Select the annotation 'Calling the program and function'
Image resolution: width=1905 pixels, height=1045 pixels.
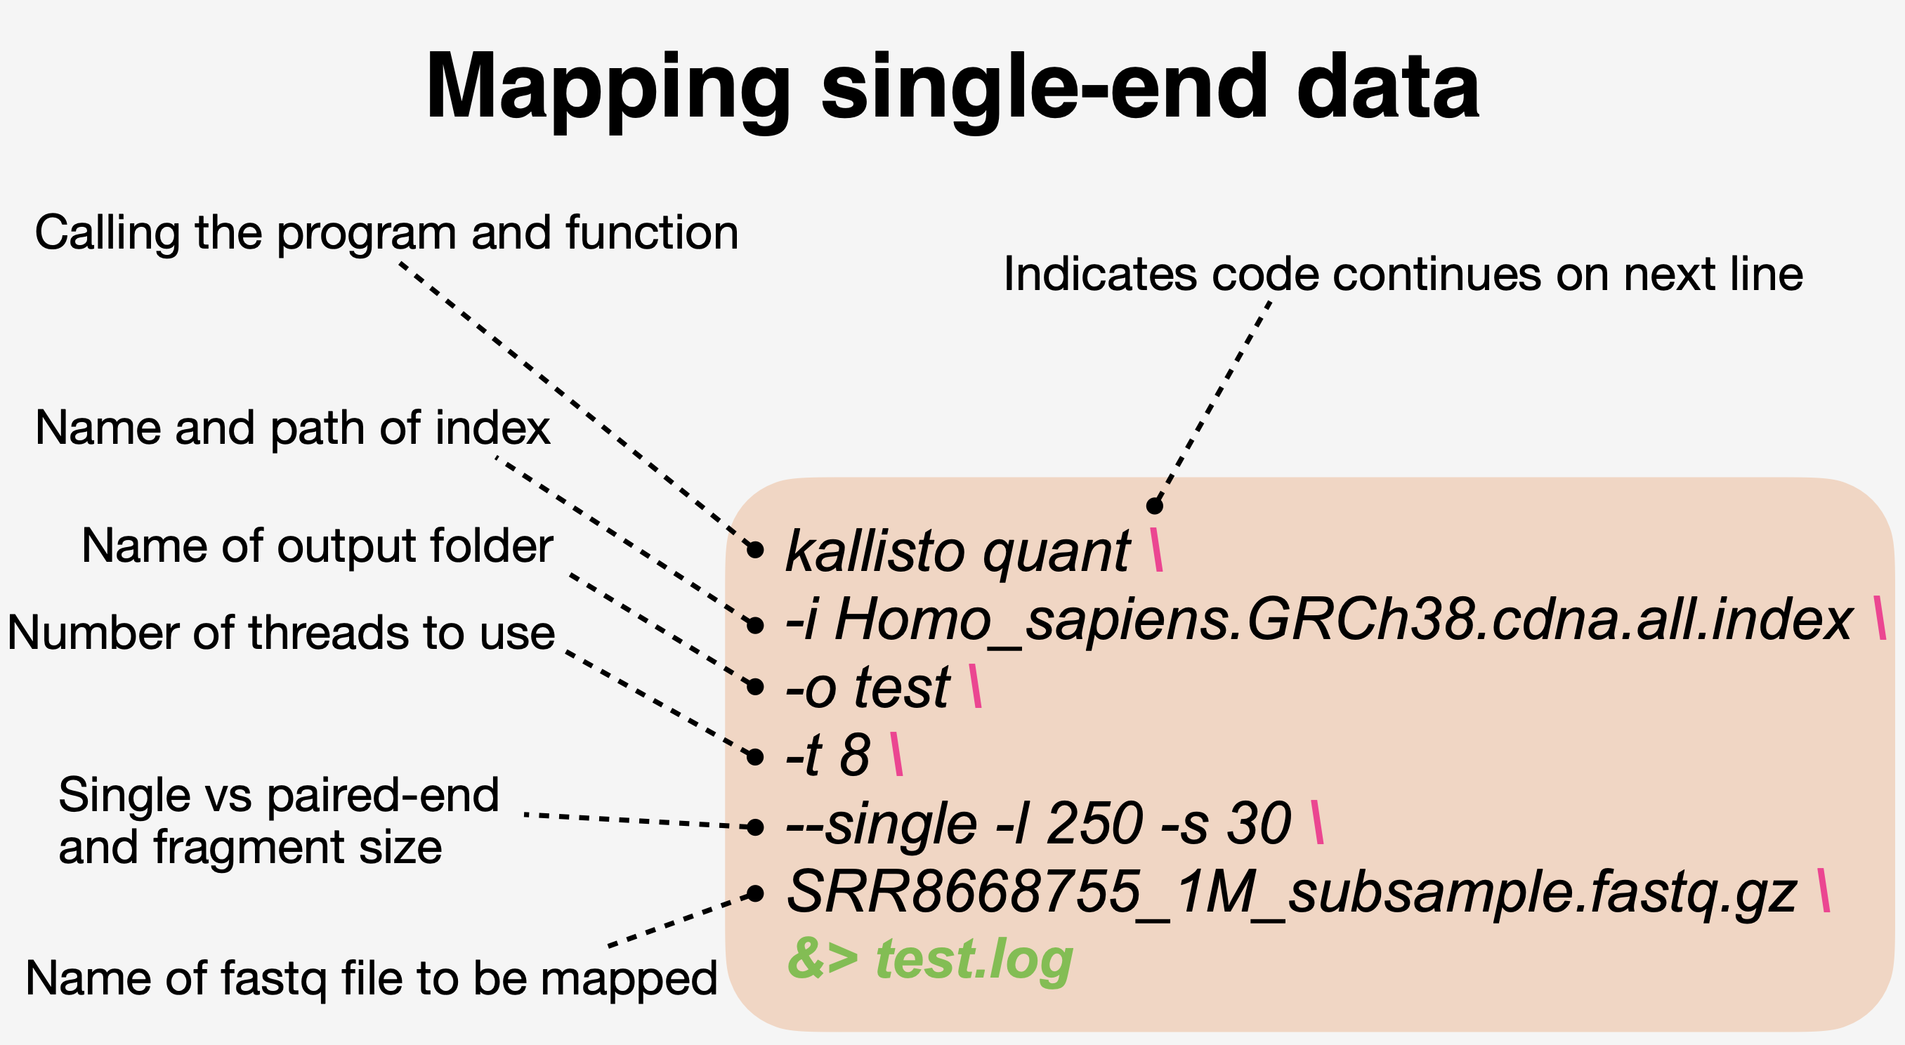click(387, 234)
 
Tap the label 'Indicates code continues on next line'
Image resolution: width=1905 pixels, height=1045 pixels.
click(1403, 275)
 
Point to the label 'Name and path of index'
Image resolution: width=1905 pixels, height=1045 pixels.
click(293, 429)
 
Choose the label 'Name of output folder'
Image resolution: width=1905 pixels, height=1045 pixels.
click(317, 546)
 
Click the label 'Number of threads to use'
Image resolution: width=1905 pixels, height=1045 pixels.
click(281, 633)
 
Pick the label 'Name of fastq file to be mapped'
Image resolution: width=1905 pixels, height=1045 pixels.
click(372, 979)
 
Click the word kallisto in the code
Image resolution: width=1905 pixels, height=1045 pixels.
click(875, 551)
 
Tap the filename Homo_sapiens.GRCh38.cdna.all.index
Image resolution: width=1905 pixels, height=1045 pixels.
click(1343, 622)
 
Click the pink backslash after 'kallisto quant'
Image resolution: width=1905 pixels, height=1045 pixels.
click(1157, 549)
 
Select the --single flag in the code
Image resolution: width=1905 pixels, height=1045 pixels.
click(882, 825)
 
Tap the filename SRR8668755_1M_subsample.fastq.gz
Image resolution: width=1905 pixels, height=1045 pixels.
click(1291, 895)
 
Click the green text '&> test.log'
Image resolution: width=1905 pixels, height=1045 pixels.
click(930, 961)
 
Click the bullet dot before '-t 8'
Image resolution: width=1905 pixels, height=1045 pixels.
click(755, 756)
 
